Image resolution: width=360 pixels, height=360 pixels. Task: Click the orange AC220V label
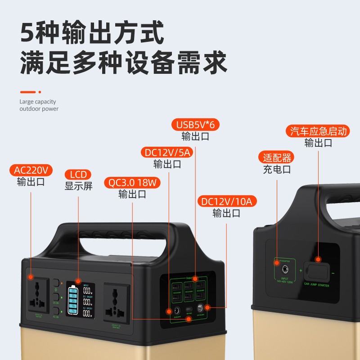[31, 170]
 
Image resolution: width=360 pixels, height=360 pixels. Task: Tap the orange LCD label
[78, 175]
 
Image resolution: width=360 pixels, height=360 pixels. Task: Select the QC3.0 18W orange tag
[132, 183]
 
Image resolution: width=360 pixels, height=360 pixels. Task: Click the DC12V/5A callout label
[167, 153]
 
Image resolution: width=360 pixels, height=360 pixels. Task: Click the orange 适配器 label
[277, 157]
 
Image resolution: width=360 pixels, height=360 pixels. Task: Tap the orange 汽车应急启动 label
[318, 131]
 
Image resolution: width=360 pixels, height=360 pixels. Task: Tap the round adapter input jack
[284, 270]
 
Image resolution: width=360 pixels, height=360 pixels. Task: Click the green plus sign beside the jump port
[301, 271]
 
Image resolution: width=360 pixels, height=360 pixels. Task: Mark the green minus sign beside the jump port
[333, 273]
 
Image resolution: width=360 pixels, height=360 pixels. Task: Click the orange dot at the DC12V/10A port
[207, 308]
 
